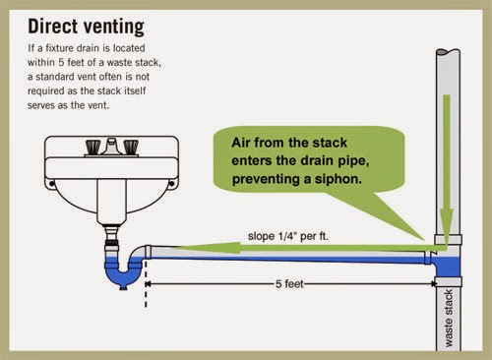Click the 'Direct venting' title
pos(86,27)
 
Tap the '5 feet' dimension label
pos(289,283)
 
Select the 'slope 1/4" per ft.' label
pos(288,236)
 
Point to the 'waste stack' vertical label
pos(449,318)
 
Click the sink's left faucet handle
pos(92,147)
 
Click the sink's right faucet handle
pos(131,147)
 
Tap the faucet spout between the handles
pos(112,146)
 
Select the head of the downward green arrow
pos(447,224)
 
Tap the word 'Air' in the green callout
pos(241,143)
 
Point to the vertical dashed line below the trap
pos(146,284)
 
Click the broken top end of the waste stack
pos(448,52)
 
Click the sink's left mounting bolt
pos(51,184)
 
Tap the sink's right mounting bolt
pos(171,184)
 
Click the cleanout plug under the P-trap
pos(123,287)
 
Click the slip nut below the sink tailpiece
pos(111,245)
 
